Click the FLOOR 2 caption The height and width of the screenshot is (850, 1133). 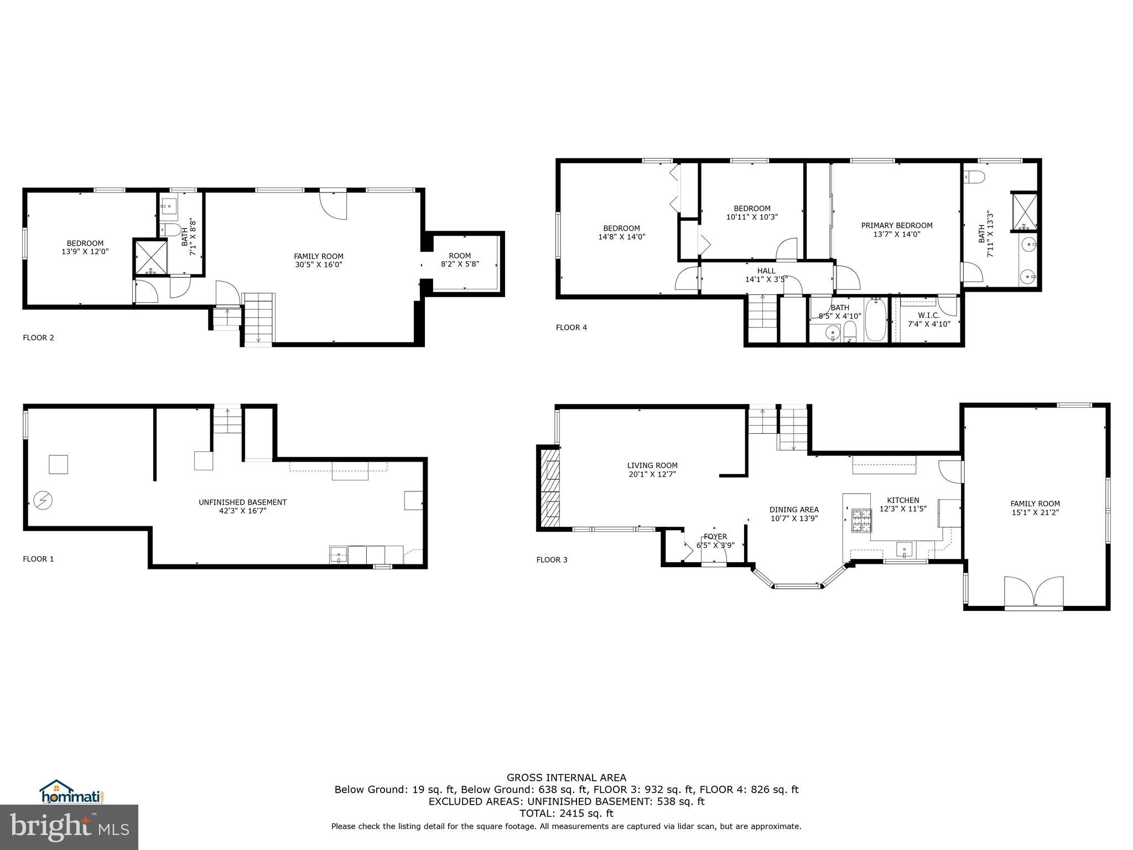pyautogui.click(x=38, y=338)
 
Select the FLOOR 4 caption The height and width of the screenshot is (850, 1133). pyautogui.click(x=571, y=328)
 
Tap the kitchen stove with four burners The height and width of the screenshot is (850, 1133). pyautogui.click(x=860, y=520)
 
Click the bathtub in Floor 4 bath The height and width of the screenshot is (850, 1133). pyautogui.click(x=875, y=320)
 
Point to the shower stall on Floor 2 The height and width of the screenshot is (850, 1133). pyautogui.click(x=150, y=257)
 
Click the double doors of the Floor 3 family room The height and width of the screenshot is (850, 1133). pyautogui.click(x=1033, y=593)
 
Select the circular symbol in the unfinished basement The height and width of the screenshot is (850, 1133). pyautogui.click(x=42, y=501)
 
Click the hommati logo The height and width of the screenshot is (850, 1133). pyautogui.click(x=72, y=792)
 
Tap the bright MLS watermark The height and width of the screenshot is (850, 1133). pyautogui.click(x=69, y=827)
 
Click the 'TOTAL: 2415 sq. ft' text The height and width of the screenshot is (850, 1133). pyautogui.click(x=566, y=813)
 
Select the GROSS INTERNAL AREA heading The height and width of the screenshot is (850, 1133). pyautogui.click(x=566, y=778)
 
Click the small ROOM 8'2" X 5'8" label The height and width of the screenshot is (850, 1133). pyautogui.click(x=460, y=260)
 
